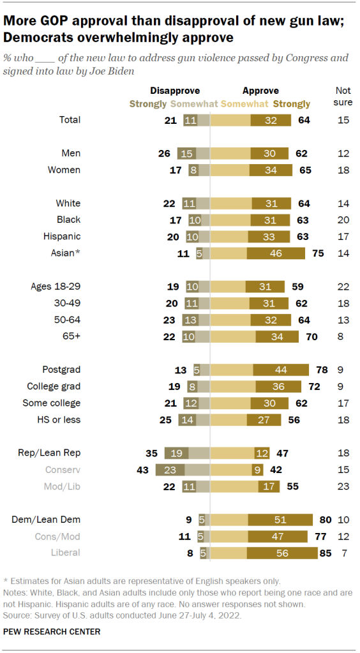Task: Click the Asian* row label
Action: click(x=65, y=253)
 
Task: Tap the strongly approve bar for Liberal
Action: click(x=282, y=553)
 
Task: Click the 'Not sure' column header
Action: click(x=344, y=96)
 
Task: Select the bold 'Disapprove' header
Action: click(x=174, y=91)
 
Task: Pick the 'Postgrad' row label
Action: click(x=61, y=370)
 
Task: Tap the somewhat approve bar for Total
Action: click(x=230, y=119)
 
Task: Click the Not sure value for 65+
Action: click(x=344, y=336)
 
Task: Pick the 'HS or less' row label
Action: click(x=59, y=419)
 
